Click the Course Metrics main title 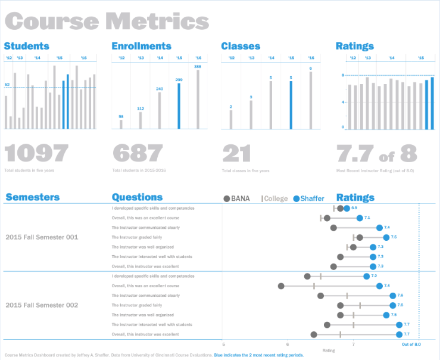pos(107,21)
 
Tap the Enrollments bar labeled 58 pos(121,124)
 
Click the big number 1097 pos(37,154)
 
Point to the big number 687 pos(138,154)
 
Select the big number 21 pos(237,154)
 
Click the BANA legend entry pos(236,198)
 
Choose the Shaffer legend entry pos(308,198)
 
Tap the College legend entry pos(274,198)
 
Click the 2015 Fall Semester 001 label pos(42,237)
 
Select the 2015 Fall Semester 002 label pos(42,305)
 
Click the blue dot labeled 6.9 pos(347,208)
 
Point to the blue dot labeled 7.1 pos(360,218)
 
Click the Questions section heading pos(137,197)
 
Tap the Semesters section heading pos(32,197)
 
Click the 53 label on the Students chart pos(7,85)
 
